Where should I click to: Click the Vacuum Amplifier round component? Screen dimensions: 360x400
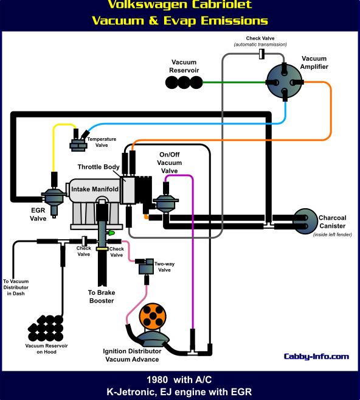(x=285, y=82)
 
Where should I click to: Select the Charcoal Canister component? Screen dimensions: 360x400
(x=305, y=221)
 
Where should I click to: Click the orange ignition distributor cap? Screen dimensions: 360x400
(x=153, y=317)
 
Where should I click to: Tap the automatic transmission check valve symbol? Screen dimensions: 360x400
(x=261, y=54)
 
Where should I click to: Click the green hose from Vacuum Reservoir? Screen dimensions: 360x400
(x=234, y=82)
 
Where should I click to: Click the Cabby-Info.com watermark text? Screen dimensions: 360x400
(x=316, y=357)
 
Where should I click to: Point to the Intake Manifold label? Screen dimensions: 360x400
(x=95, y=189)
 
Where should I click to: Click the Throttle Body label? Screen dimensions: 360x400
(x=99, y=167)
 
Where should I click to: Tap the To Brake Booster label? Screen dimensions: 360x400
(x=102, y=296)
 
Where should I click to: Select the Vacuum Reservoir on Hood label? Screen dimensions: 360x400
(x=46, y=349)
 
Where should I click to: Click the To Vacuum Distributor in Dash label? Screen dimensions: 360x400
(x=16, y=287)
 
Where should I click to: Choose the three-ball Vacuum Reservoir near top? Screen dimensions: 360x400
(x=184, y=82)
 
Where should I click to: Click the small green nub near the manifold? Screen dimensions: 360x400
(x=112, y=233)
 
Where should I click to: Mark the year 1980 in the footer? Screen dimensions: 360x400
(x=157, y=380)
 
